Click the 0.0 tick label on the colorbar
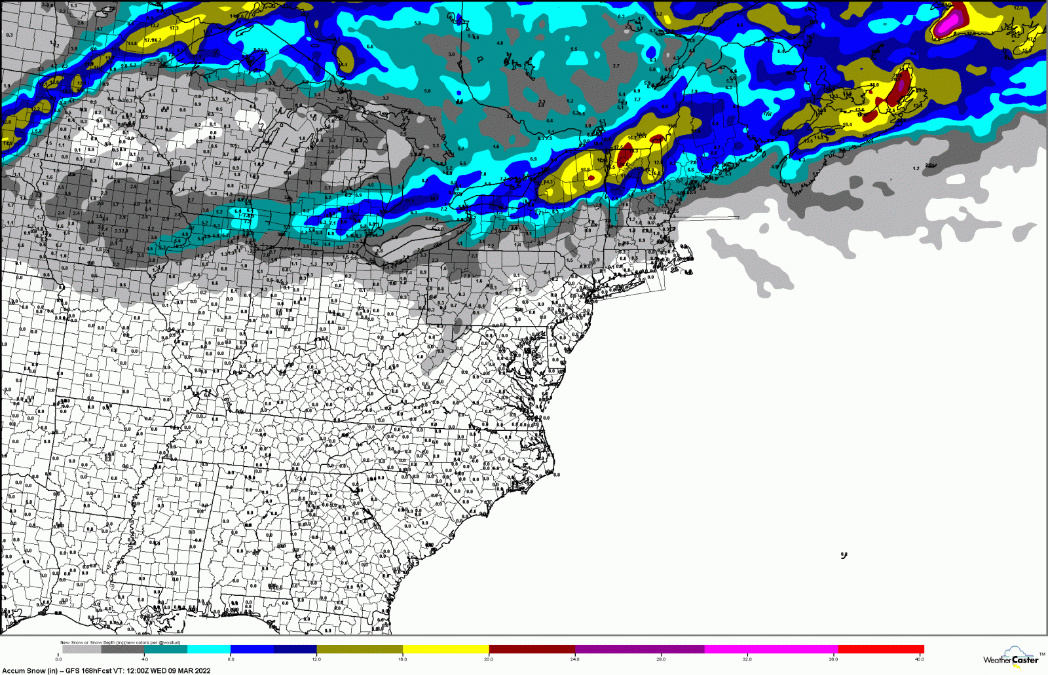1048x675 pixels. (59, 659)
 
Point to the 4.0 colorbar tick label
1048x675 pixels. (145, 659)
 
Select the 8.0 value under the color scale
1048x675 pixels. (231, 659)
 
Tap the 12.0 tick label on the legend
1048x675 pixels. (316, 659)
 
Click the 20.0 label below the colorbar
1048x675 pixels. (489, 659)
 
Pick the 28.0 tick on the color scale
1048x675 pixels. (661, 659)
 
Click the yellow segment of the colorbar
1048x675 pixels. (445, 649)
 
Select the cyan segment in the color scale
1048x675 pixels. (209, 649)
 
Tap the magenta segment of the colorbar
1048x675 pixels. (770, 649)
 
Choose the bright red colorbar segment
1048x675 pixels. (881, 649)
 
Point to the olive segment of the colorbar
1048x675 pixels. (360, 649)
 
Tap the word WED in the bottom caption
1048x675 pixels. (160, 670)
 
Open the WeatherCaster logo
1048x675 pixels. (1011, 658)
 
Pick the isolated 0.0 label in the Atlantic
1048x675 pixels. (844, 555)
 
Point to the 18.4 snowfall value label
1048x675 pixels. (847, 124)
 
